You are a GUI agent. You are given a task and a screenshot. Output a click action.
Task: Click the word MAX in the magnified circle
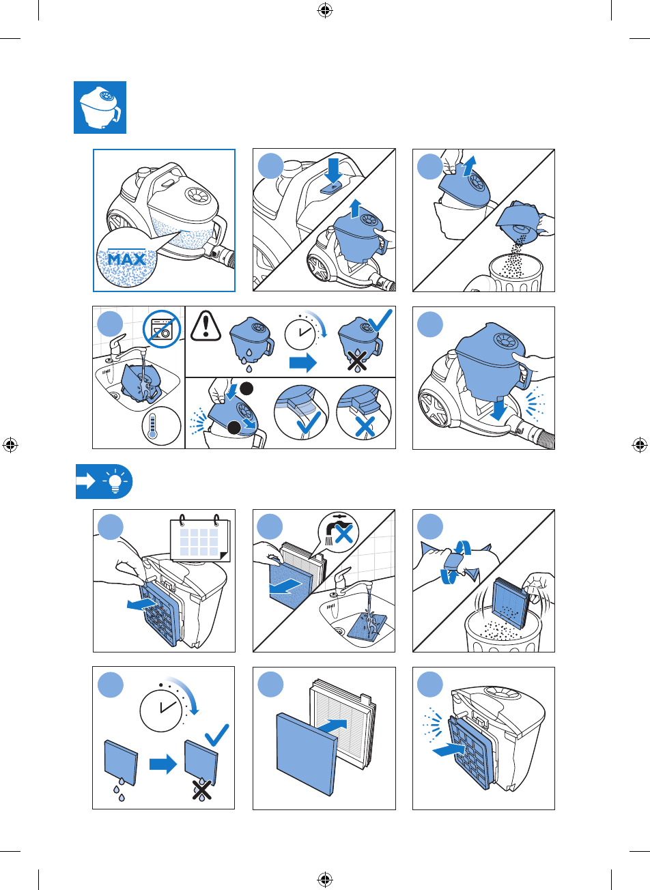coord(126,259)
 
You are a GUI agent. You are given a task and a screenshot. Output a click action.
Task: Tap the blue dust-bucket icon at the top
coord(100,108)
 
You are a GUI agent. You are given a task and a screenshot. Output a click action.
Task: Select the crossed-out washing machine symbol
coord(162,329)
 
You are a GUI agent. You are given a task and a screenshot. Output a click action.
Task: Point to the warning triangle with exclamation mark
coord(206,326)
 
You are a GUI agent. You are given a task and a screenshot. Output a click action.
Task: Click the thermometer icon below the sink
coord(161,426)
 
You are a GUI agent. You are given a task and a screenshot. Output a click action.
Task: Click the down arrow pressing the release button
coord(333,171)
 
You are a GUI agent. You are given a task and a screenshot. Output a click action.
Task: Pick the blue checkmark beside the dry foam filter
coord(217,735)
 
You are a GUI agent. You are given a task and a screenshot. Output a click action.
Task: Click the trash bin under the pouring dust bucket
coord(515,274)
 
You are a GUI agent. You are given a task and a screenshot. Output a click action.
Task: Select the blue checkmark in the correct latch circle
coord(309,422)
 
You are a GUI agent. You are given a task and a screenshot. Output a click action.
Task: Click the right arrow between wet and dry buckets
coord(303,362)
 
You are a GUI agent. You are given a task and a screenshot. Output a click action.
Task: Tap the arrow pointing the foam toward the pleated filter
coord(333,726)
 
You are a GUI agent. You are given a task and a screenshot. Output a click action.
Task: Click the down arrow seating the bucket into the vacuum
coord(498,410)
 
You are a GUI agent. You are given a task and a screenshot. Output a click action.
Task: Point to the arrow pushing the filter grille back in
coord(448,751)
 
